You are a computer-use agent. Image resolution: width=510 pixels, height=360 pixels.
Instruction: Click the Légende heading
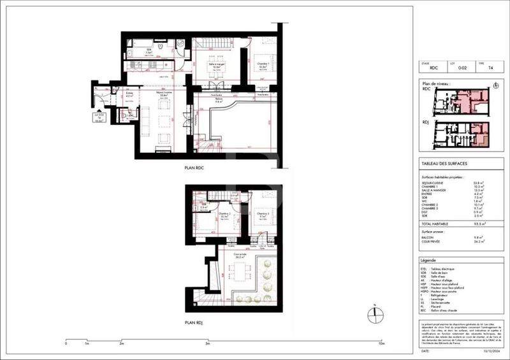(x=428, y=261)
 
